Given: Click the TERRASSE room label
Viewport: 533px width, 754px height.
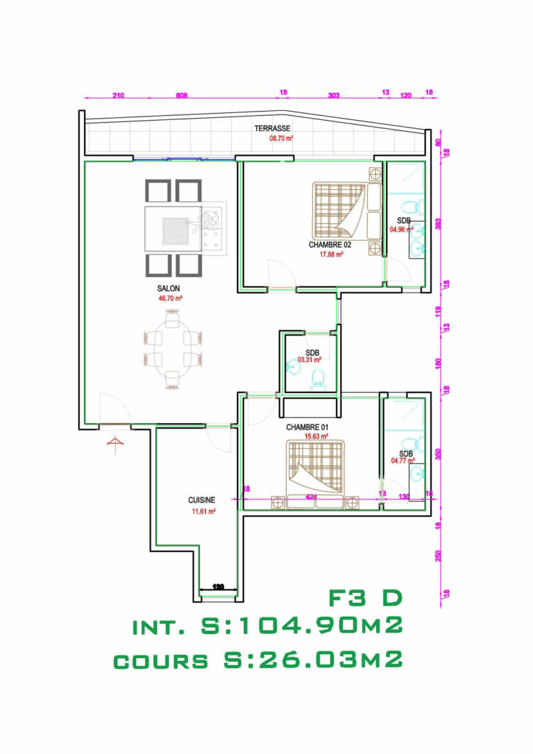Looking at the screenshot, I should click(x=272, y=128).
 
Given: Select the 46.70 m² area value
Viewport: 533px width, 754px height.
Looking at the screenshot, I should click(x=170, y=298).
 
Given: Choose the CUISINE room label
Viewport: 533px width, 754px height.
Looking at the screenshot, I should click(x=201, y=499).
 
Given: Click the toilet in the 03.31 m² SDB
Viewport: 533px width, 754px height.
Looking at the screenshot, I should click(x=319, y=378).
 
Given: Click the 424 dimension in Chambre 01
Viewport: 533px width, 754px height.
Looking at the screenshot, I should click(x=312, y=497).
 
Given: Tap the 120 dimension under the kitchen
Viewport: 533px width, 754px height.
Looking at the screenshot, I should click(x=219, y=588).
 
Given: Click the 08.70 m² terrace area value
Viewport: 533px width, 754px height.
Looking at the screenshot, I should click(x=281, y=138).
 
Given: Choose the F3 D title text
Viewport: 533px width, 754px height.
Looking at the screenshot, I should click(x=365, y=597).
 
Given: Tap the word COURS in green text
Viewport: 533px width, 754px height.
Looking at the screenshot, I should click(x=161, y=661).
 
